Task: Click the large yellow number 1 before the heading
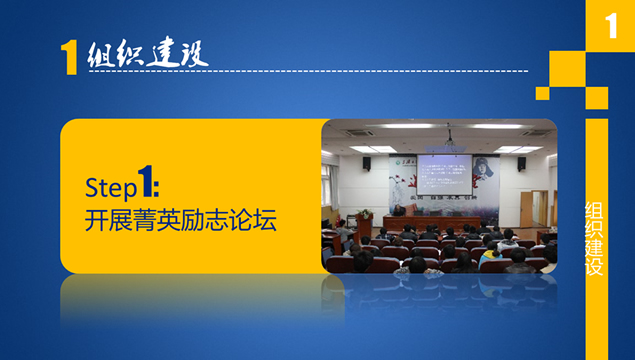click(69, 59)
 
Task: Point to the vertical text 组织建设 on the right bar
click(595, 239)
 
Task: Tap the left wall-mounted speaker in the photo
click(366, 162)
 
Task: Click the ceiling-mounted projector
click(449, 137)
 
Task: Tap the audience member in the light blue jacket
click(490, 254)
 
